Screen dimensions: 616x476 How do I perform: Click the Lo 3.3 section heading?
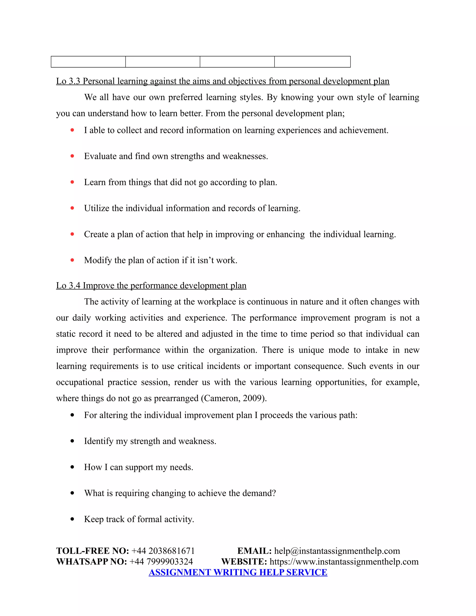tap(222, 81)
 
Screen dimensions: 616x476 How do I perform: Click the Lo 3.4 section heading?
tap(151, 285)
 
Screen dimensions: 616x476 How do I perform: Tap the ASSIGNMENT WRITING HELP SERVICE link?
tap(238, 572)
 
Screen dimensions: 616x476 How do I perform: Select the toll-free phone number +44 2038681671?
tap(163, 551)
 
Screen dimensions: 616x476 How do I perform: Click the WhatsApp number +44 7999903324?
tap(161, 562)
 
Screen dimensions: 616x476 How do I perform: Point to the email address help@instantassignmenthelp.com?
tap(337, 551)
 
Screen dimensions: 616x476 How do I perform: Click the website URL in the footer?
tap(344, 562)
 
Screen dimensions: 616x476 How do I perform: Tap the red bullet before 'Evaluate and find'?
tap(72, 156)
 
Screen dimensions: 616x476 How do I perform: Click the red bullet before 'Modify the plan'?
tap(72, 260)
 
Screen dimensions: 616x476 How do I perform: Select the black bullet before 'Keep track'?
tap(72, 519)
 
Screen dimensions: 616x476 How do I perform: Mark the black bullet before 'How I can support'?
tap(72, 467)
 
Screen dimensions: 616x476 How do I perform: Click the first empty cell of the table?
tap(88, 62)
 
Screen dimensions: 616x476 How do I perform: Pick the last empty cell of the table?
tap(312, 62)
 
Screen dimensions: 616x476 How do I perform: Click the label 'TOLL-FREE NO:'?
tap(93, 551)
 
